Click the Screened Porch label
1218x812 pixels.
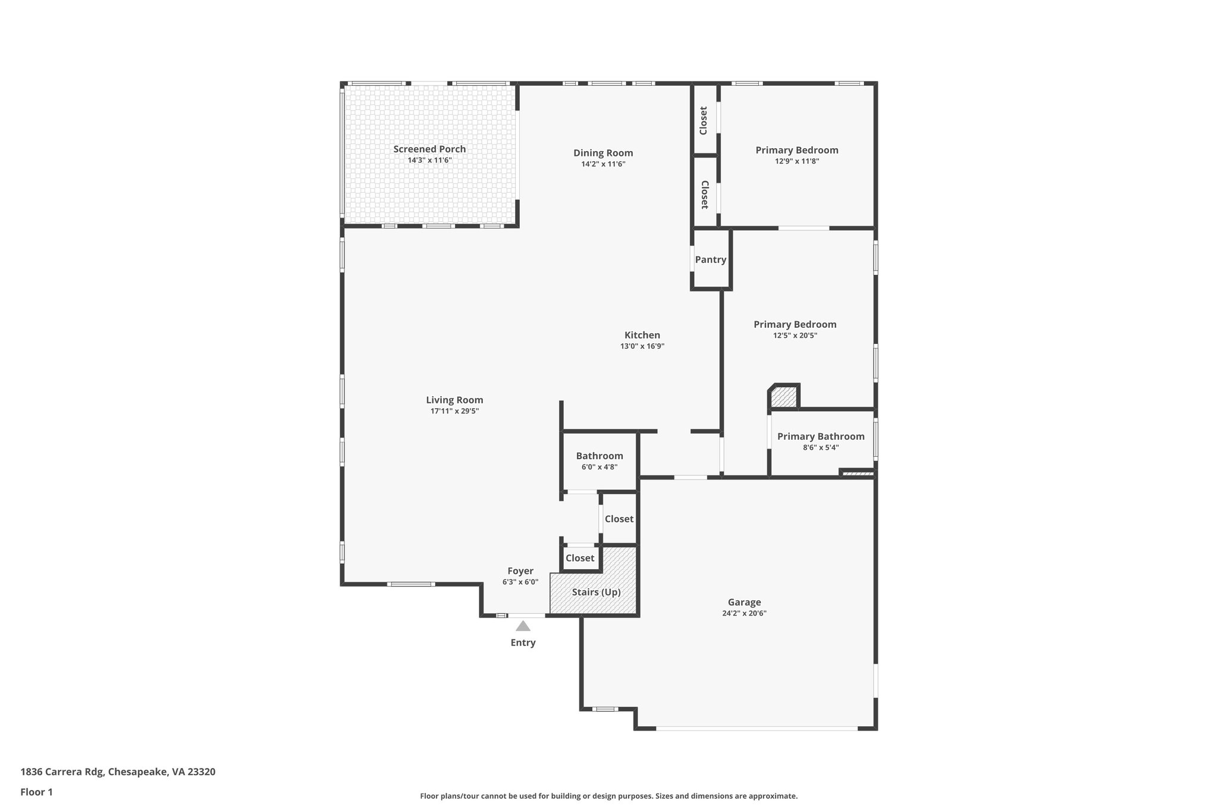point(429,149)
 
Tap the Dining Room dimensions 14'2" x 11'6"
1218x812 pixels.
point(603,164)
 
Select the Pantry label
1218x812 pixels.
point(711,260)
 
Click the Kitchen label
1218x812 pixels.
point(642,335)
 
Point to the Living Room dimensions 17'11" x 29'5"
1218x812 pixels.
point(454,411)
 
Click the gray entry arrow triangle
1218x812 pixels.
point(523,626)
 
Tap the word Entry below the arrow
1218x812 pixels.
point(523,642)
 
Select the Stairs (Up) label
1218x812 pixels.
point(596,592)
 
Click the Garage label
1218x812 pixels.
point(744,602)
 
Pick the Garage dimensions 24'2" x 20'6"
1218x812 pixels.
point(744,613)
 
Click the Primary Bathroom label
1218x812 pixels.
point(821,437)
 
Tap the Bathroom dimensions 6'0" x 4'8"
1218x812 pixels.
point(599,467)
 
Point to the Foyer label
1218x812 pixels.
point(520,571)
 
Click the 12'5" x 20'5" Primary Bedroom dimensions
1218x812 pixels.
point(795,336)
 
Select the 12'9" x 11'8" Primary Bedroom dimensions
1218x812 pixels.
point(797,161)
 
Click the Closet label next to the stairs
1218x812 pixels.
point(580,558)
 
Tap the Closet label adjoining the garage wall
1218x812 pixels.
point(619,519)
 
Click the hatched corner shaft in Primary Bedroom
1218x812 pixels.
point(784,397)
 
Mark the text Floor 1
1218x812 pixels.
point(37,792)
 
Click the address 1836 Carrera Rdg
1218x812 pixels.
point(62,772)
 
